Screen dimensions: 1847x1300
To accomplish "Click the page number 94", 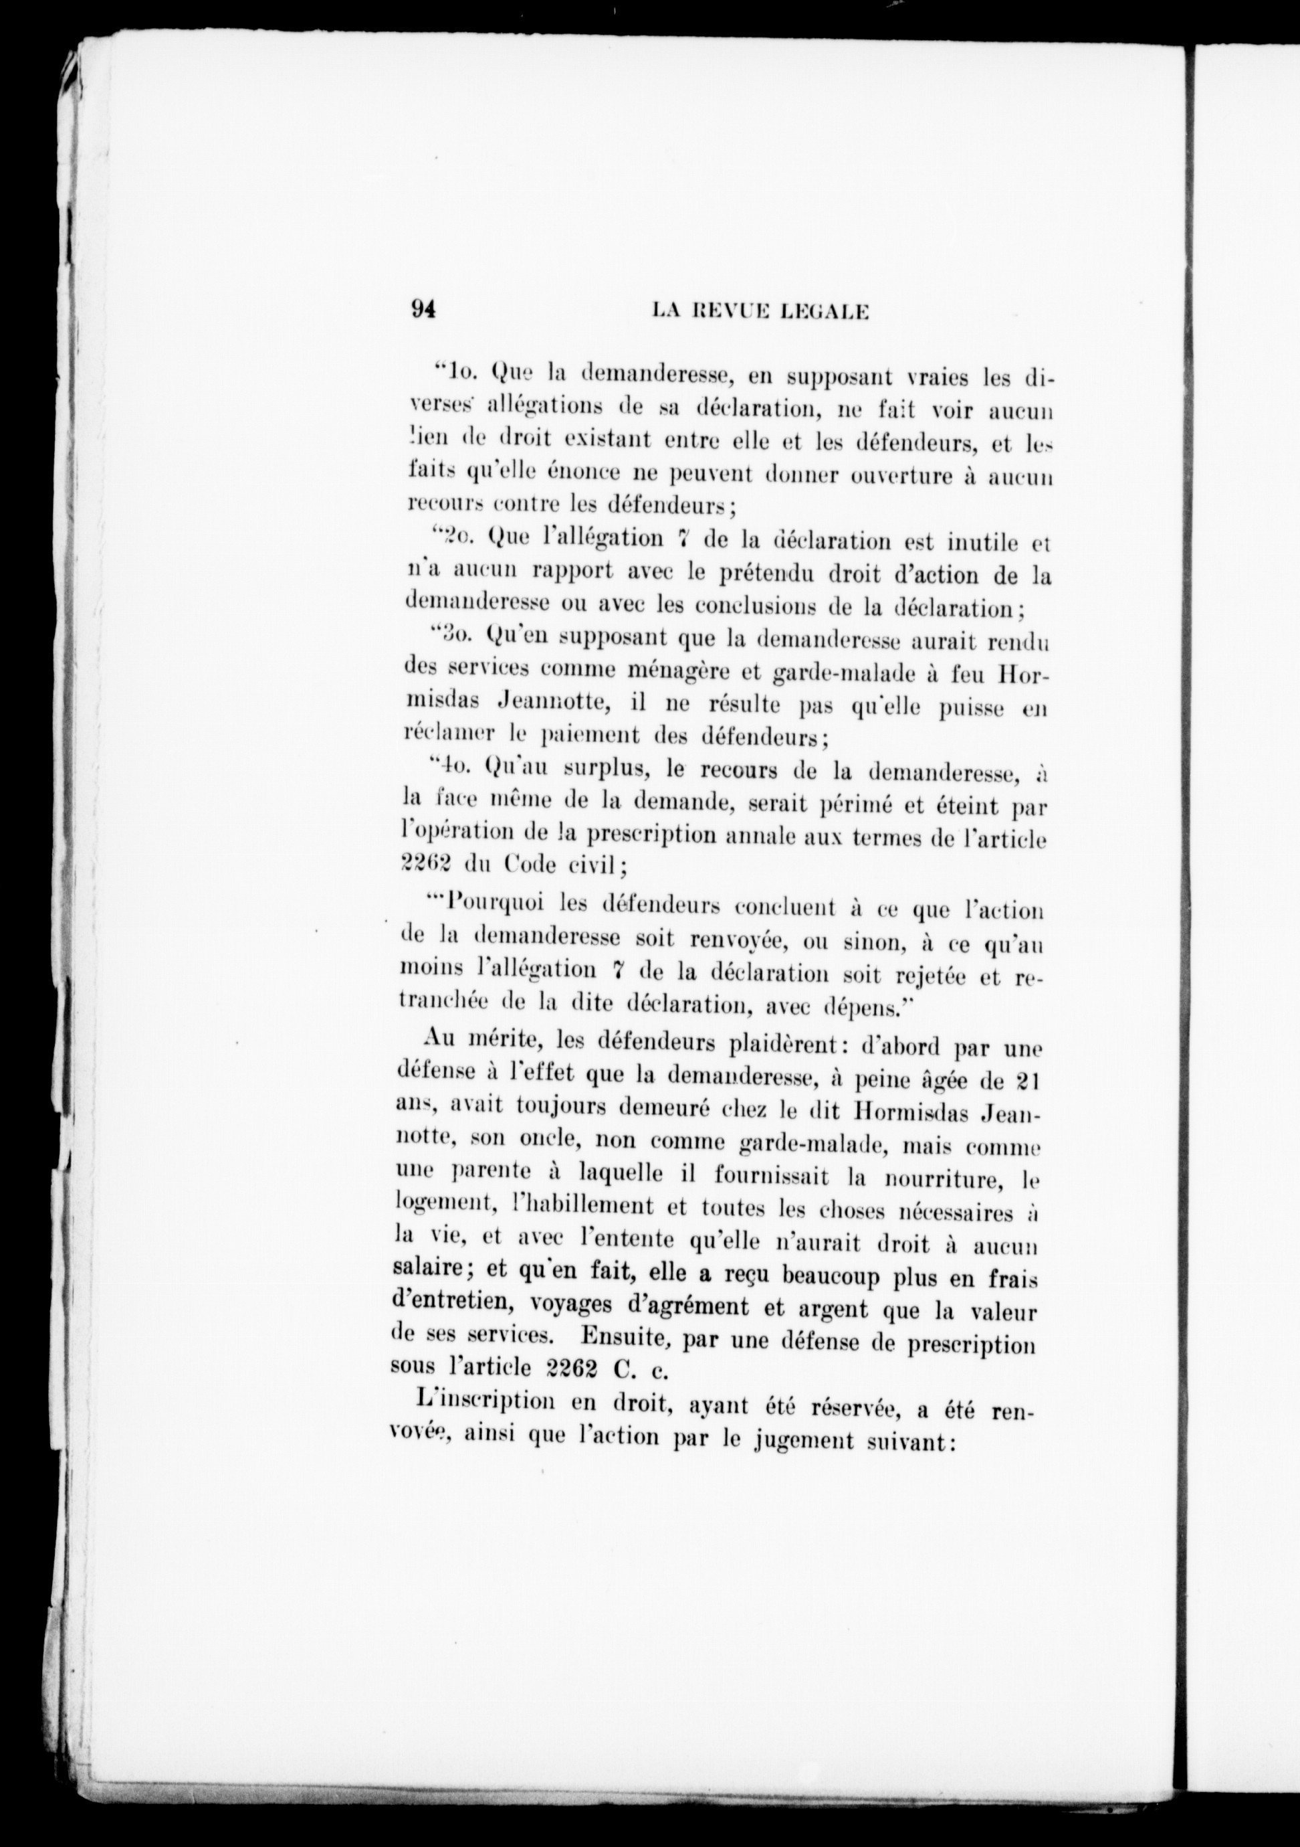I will click(422, 311).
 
